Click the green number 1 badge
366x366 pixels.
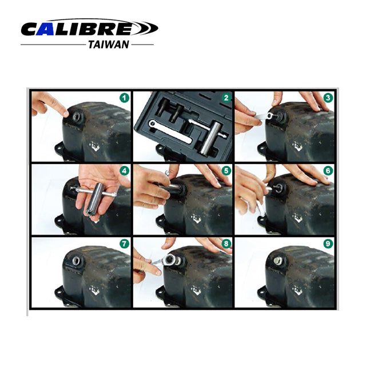(x=124, y=98)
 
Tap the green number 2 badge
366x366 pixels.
(x=225, y=98)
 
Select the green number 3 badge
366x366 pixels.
(x=327, y=98)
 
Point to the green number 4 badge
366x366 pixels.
(x=124, y=171)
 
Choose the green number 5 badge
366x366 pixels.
(x=225, y=171)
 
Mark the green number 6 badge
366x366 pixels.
(x=327, y=171)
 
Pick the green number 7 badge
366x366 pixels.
(x=124, y=244)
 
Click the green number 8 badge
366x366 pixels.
(x=225, y=244)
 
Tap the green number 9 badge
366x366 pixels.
(x=327, y=244)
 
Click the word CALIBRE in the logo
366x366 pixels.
(x=77, y=28)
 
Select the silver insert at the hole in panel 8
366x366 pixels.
(x=171, y=261)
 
